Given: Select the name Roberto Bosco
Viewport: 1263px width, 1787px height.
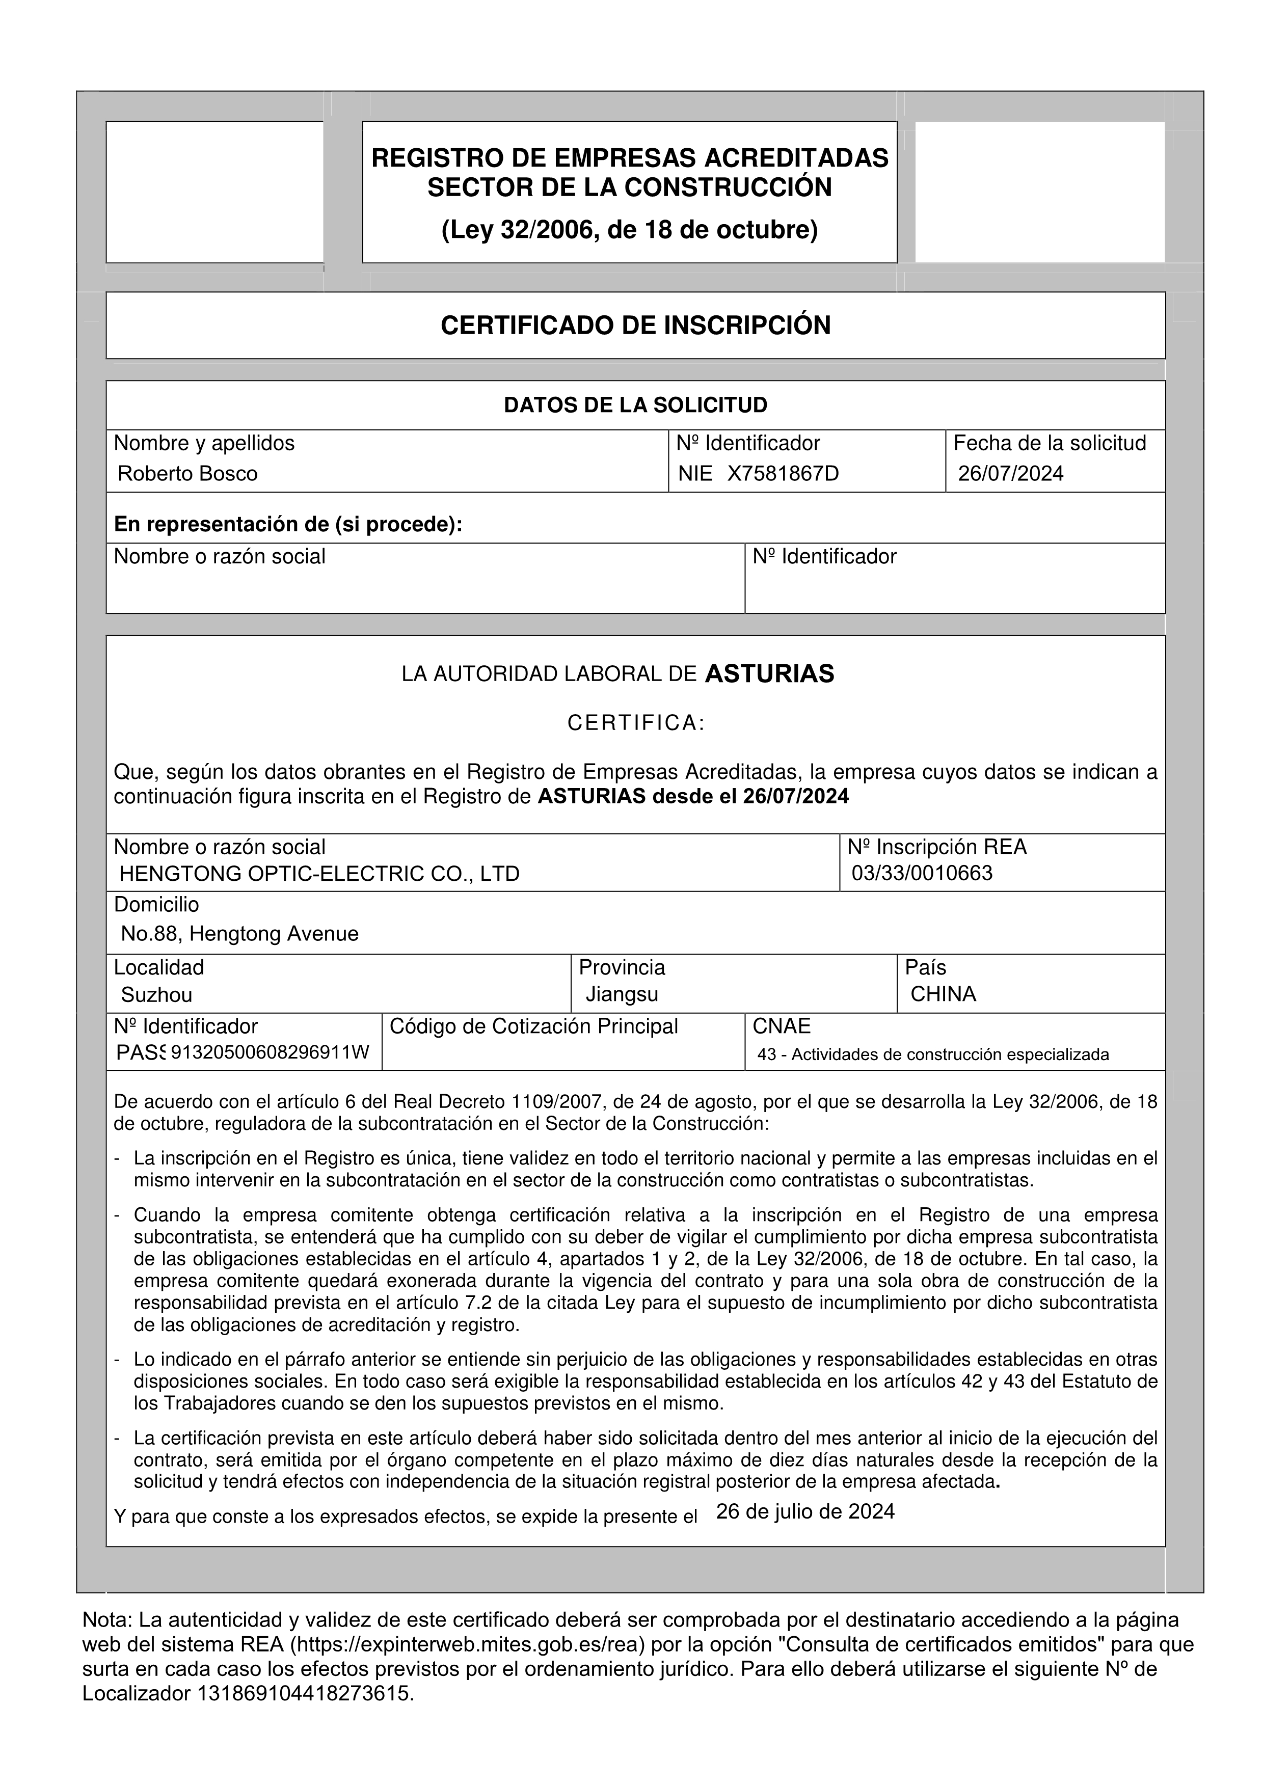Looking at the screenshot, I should click(187, 474).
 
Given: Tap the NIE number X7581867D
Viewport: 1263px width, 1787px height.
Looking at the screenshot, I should click(783, 474).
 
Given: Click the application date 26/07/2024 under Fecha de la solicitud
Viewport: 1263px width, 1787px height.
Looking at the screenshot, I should click(1010, 474).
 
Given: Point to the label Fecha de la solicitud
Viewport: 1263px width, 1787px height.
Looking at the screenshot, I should click(1050, 444).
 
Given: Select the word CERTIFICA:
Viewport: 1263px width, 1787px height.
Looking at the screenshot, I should click(635, 724).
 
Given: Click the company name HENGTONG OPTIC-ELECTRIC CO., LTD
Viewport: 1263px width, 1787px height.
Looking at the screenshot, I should click(319, 874).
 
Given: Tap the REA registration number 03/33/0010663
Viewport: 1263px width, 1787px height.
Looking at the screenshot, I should click(922, 873).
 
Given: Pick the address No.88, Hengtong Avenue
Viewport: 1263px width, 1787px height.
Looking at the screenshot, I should click(239, 934).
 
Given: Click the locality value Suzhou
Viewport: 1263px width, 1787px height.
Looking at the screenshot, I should click(156, 995).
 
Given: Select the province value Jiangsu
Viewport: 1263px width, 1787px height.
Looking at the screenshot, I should click(622, 995).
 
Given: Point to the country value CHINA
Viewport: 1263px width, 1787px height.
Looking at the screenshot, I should click(943, 995).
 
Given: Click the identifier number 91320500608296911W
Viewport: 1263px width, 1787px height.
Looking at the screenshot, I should click(270, 1053).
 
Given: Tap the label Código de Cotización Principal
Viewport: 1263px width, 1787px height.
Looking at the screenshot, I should click(534, 1026).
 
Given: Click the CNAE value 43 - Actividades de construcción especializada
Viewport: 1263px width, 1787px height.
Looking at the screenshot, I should click(933, 1055).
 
